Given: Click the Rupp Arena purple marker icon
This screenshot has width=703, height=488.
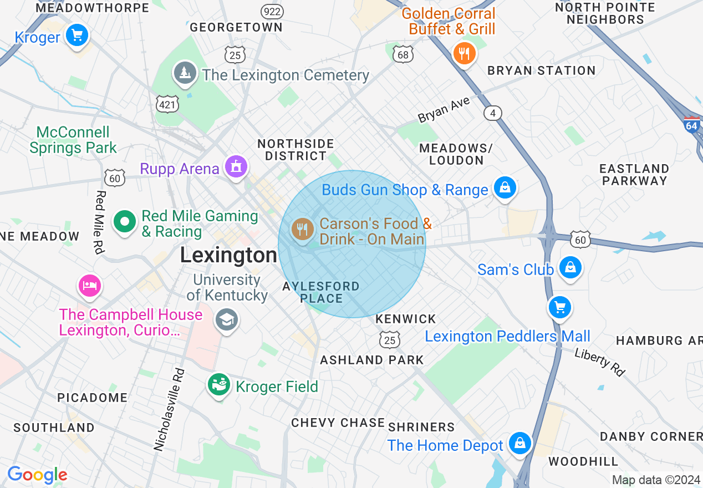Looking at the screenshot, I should point(236,166).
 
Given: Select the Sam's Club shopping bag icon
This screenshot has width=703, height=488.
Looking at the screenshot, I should point(569,268).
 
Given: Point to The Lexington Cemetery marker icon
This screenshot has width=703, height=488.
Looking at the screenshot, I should point(184,73).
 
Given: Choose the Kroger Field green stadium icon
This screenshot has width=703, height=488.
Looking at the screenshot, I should point(219,384).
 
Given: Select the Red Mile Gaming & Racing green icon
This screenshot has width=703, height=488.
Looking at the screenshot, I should point(125,222).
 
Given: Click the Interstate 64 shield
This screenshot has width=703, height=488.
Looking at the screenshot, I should point(691,124).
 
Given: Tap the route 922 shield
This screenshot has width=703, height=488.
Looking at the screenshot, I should point(272,11).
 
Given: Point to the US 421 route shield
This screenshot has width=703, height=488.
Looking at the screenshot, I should point(167,103).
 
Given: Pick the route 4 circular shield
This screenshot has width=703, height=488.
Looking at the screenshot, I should point(492,113).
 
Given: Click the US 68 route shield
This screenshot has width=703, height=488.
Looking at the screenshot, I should point(403,54).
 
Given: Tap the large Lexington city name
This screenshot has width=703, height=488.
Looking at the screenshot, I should point(228,256).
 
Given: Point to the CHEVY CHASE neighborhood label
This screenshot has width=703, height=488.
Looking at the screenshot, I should point(338,423).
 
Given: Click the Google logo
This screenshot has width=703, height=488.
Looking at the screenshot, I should point(37,475).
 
